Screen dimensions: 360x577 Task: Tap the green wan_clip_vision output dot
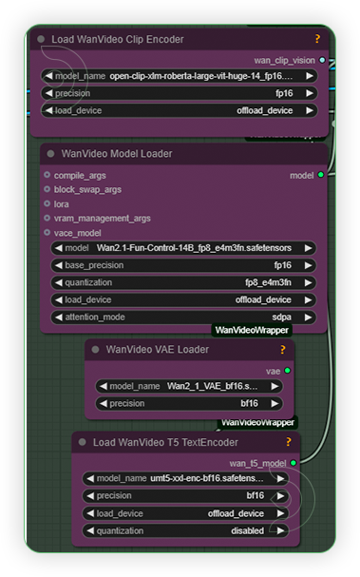323,59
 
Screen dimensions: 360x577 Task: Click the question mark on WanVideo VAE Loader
282,349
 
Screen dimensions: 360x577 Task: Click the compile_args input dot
47,175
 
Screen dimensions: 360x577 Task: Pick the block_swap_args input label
87,189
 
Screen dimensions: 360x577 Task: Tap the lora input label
62,203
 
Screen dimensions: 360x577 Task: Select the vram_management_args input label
102,218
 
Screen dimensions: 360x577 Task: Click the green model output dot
320,175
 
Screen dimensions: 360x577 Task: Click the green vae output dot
287,371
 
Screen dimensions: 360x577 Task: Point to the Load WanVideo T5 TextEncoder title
165,442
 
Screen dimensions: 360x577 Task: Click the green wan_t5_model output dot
293,463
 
